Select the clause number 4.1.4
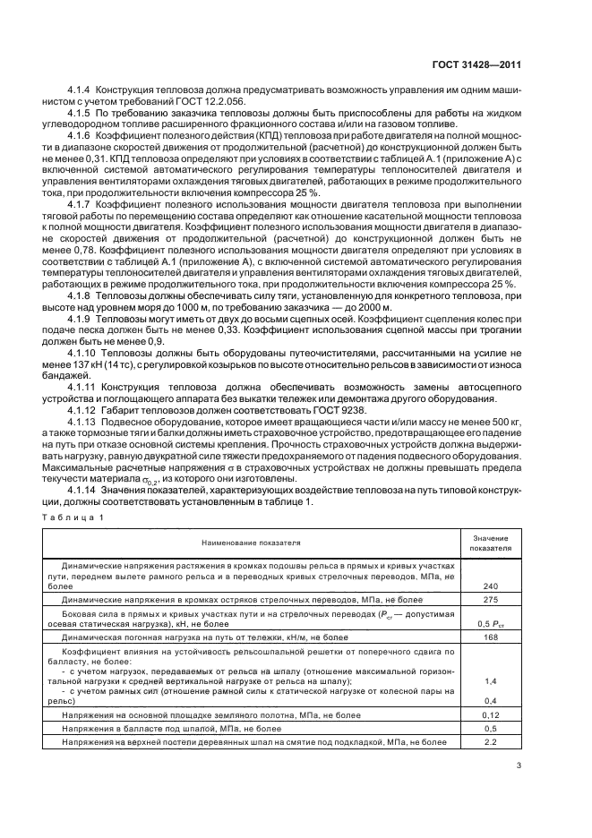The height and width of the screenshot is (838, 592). [82, 90]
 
